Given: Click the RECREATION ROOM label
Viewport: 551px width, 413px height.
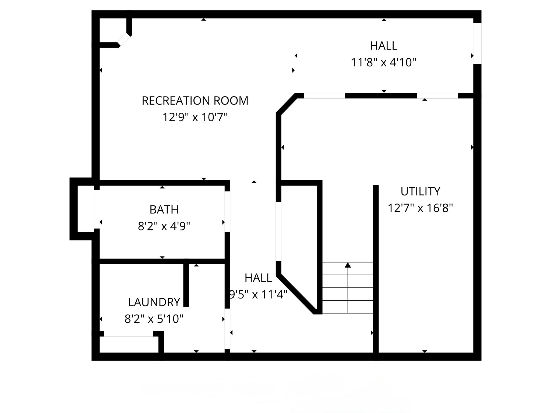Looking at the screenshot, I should [x=195, y=101].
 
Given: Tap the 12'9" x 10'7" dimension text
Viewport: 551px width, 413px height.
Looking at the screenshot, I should [x=195, y=118].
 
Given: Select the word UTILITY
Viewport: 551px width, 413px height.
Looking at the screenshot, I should [x=420, y=191].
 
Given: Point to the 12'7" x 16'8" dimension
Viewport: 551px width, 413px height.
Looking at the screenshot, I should [x=420, y=208].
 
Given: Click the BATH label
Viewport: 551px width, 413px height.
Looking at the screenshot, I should [x=164, y=209].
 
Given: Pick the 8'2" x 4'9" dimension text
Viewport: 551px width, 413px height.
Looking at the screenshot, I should [x=164, y=226].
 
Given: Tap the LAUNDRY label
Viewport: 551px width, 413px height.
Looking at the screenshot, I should [x=154, y=302].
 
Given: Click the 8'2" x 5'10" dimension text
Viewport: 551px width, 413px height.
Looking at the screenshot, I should [x=154, y=319].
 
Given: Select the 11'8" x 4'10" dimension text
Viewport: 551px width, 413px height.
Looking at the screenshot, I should [x=384, y=63].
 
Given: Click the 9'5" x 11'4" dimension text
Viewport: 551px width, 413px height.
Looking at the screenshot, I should [x=258, y=295].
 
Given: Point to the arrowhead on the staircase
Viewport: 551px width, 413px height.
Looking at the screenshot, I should [x=348, y=265].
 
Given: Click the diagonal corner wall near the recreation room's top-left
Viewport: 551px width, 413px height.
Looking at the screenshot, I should [x=124, y=40].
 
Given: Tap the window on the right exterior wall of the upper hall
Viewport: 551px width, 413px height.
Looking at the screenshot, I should [x=477, y=44].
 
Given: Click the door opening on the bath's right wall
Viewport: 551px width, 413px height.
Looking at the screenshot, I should [x=227, y=212].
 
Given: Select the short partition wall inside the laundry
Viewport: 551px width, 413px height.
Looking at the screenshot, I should [x=186, y=285].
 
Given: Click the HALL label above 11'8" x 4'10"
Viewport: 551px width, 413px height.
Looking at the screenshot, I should [x=384, y=46].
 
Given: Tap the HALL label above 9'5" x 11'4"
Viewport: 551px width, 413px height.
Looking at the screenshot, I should [x=258, y=278].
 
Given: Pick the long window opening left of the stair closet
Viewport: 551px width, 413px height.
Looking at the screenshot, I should [x=278, y=231].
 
